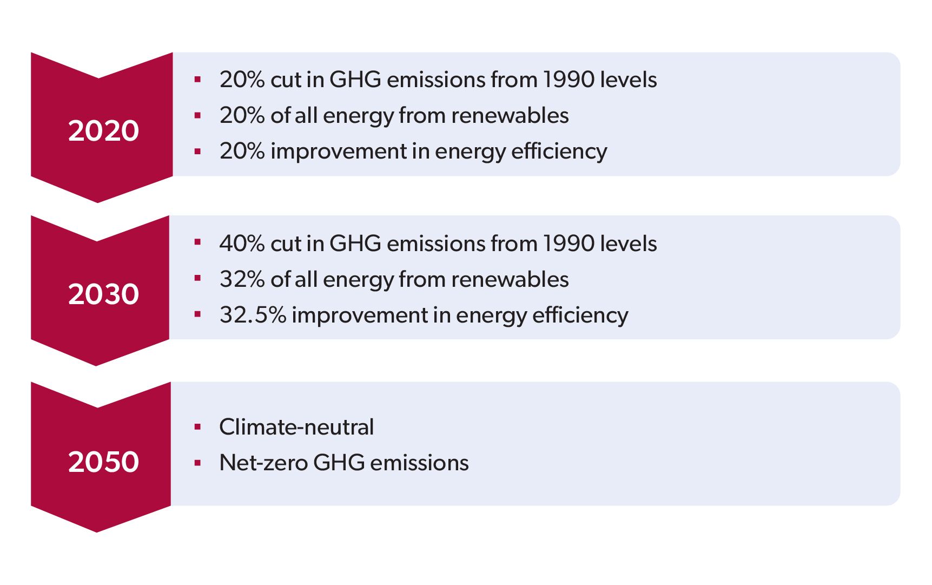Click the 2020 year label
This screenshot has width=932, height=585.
tap(103, 131)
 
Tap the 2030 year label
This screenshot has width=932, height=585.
tap(103, 294)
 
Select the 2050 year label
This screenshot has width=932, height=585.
tap(103, 462)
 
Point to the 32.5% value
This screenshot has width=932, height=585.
tap(253, 315)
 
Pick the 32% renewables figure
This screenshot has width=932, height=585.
tap(242, 280)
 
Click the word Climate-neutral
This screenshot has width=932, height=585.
tap(296, 428)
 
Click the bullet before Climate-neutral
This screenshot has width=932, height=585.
tap(197, 428)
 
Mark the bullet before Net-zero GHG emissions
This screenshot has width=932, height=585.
tap(197, 463)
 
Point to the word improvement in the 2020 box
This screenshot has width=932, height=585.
tap(338, 152)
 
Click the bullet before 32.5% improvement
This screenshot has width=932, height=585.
tap(197, 315)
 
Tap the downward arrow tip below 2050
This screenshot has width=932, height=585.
tap(97, 529)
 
